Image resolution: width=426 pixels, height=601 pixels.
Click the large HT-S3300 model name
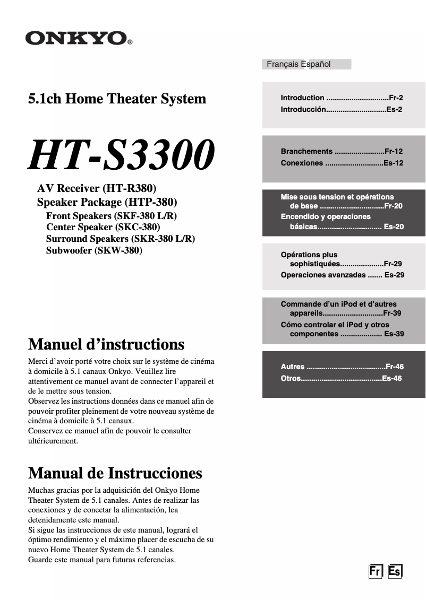(122, 155)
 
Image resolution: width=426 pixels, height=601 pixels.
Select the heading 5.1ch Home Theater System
(117, 99)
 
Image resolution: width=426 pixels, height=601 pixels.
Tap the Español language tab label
(316, 64)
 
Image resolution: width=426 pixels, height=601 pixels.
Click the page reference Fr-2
(396, 98)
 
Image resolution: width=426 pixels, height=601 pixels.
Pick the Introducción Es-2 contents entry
(341, 109)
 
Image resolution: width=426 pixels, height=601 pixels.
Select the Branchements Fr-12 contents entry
(342, 151)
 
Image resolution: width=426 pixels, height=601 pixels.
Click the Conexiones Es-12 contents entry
(342, 163)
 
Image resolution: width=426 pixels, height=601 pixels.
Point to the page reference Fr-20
(394, 206)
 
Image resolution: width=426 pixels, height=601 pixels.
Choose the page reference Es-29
(394, 275)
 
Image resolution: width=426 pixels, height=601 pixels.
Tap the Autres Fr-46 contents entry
(342, 367)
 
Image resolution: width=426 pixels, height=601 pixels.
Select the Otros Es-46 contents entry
(341, 378)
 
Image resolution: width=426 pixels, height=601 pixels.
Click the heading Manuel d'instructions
(106, 344)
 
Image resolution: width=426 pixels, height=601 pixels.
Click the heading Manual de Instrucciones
(115, 473)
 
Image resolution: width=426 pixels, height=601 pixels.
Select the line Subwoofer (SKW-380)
(94, 250)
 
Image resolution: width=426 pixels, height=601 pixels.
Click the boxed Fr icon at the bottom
(376, 571)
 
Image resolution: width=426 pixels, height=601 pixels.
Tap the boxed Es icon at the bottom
(395, 571)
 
